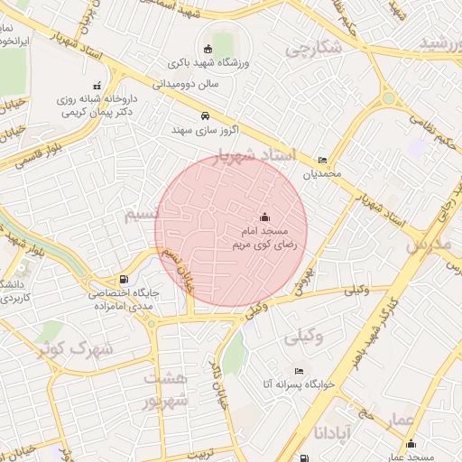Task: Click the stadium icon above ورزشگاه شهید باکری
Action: click(208, 49)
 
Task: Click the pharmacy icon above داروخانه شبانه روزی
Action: click(97, 86)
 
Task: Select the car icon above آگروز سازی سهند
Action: click(206, 115)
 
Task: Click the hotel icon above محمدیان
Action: click(323, 160)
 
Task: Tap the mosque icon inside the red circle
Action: click(264, 217)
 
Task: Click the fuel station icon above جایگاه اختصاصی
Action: click(124, 281)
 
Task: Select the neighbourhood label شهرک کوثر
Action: click(75, 347)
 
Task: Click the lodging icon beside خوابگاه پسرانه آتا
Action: click(300, 371)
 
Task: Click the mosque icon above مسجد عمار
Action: click(411, 443)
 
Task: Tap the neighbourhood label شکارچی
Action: click(313, 50)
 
